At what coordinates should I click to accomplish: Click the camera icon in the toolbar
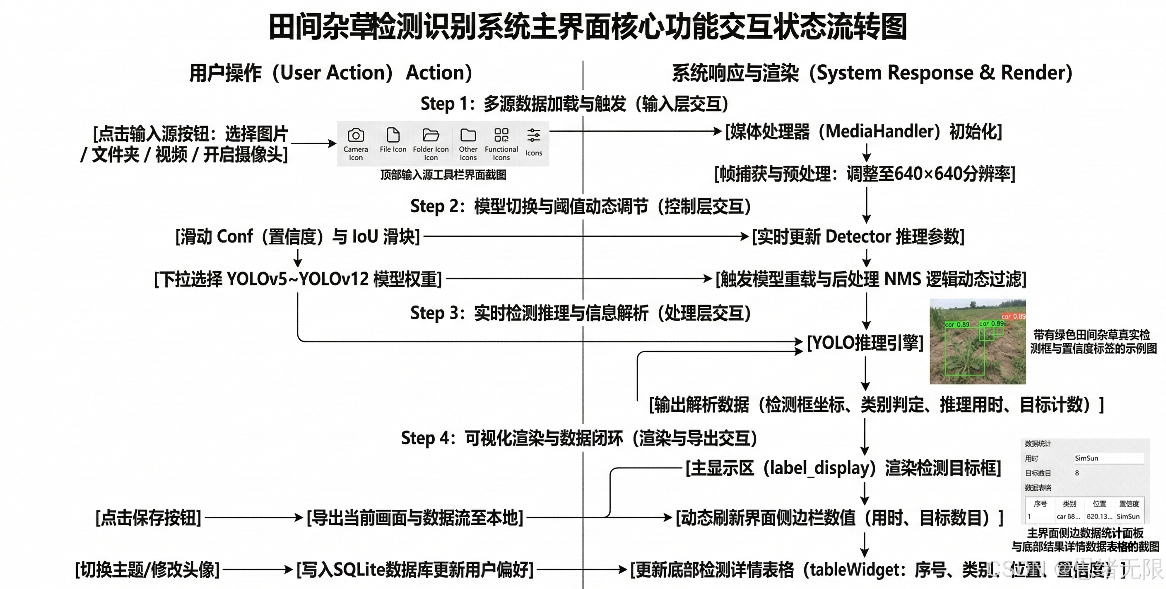click(356, 136)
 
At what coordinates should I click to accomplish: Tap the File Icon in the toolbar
click(393, 135)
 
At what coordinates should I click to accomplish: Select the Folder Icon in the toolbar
click(431, 135)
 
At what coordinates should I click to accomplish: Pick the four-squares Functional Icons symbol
click(501, 135)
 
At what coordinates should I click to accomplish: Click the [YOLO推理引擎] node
click(865, 343)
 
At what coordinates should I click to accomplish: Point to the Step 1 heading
click(574, 104)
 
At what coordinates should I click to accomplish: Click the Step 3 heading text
click(580, 313)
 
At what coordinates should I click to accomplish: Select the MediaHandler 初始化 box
click(863, 132)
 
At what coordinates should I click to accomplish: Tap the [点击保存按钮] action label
click(148, 517)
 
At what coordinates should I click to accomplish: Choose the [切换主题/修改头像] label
click(147, 570)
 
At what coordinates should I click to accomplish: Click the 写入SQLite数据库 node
click(414, 570)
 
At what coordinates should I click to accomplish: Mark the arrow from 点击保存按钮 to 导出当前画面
click(253, 517)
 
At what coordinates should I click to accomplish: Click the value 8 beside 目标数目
click(1077, 473)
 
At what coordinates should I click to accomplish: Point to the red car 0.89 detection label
click(1014, 317)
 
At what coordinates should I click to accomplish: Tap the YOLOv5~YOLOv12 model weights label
click(297, 279)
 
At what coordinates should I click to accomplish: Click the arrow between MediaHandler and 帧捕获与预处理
click(866, 153)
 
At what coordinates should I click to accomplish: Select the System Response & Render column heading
click(872, 73)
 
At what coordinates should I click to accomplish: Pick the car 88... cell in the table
click(1068, 516)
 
